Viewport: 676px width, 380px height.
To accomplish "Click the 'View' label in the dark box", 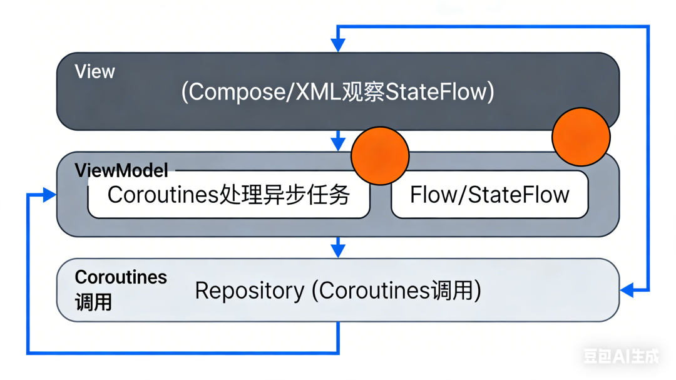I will (95, 71).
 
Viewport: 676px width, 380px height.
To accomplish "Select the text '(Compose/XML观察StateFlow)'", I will (337, 92).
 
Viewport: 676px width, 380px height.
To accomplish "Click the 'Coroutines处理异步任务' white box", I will (228, 195).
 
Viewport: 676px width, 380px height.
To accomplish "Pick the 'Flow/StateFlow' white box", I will (489, 195).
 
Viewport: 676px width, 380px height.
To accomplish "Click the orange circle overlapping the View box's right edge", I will (581, 136).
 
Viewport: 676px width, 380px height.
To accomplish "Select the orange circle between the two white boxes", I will (380, 156).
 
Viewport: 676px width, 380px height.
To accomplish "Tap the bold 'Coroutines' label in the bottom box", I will (121, 277).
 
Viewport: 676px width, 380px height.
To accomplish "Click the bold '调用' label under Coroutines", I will (93, 302).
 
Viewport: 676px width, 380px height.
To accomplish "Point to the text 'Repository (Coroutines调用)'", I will (337, 290).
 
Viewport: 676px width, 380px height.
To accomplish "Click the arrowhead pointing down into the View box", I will (338, 45).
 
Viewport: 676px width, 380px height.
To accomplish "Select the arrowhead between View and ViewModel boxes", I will (338, 143).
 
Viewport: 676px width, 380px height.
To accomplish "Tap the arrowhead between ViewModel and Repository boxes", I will (338, 250).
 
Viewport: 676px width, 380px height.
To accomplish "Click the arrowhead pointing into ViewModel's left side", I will (49, 195).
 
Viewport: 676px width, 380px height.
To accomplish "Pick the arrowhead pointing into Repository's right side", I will (627, 290).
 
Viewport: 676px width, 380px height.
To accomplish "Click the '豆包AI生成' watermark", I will (621, 356).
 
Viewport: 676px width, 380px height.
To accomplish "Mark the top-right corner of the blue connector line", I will (648, 27).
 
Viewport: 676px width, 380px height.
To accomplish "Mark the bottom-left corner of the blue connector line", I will (28, 352).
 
